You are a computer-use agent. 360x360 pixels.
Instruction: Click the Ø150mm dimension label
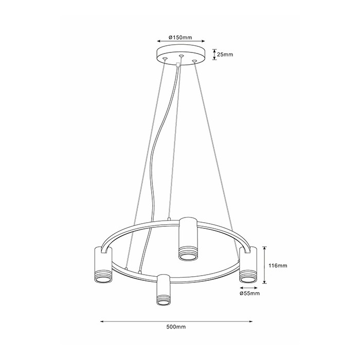181,37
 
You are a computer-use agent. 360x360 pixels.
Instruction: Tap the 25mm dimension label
225,55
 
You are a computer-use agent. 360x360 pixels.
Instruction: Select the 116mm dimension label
278,266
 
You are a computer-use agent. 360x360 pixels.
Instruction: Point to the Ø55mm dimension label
249,293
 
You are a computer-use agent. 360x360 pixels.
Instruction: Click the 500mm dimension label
176,327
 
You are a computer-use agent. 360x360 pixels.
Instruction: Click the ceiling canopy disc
181,57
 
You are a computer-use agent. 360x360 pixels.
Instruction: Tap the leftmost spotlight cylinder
103,265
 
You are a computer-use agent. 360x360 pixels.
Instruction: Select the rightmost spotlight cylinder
248,265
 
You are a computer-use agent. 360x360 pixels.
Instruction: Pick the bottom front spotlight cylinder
163,290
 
